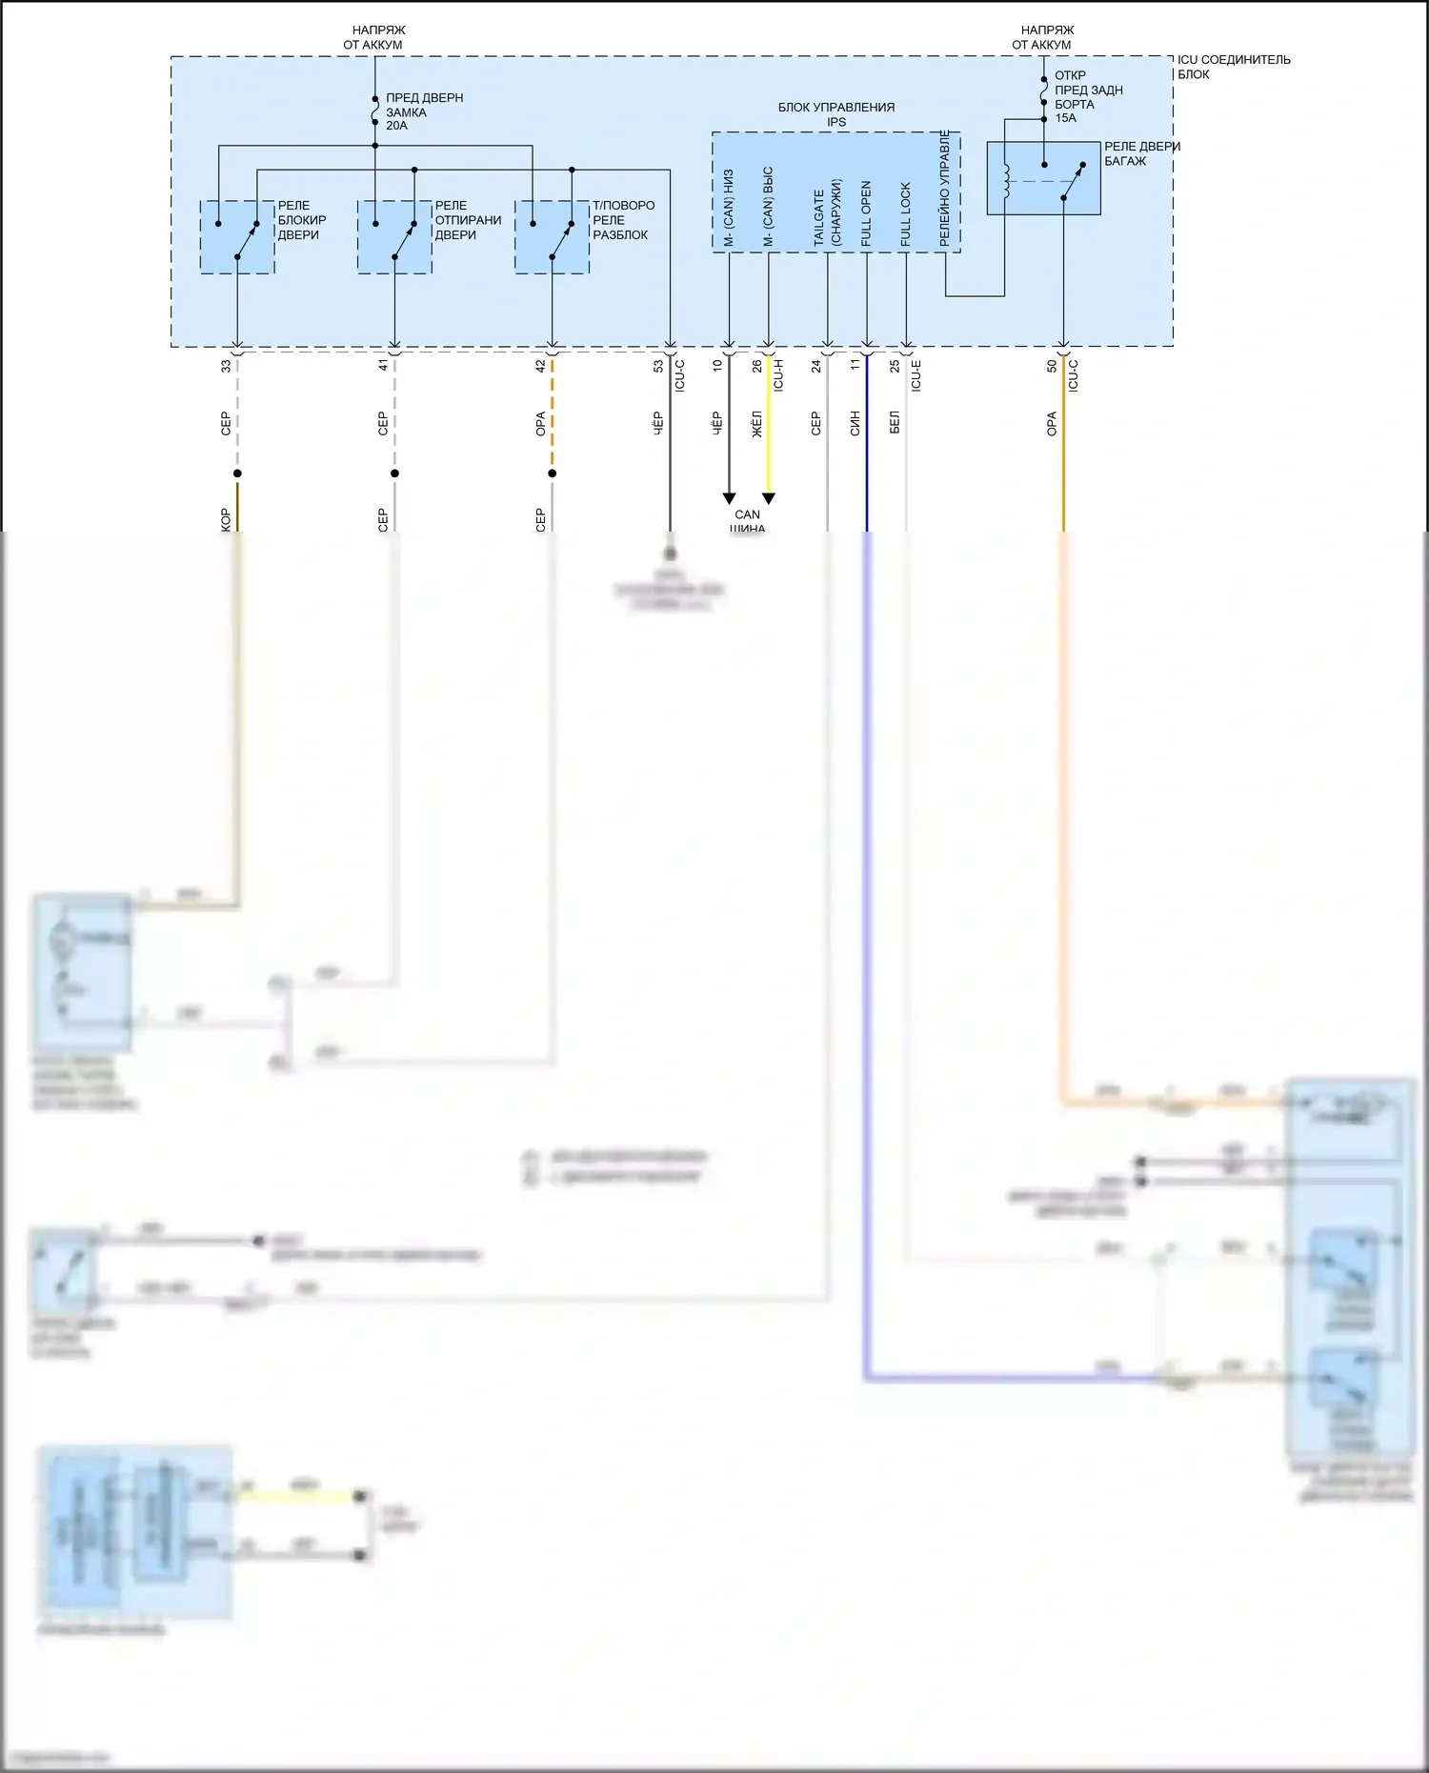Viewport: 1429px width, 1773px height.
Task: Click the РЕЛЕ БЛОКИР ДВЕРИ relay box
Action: pos(237,237)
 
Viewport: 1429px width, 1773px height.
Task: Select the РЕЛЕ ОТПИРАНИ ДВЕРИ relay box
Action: pos(394,237)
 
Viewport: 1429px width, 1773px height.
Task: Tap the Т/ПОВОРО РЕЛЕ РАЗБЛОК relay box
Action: pos(552,237)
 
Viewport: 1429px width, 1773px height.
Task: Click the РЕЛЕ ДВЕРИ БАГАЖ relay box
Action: pos(1043,178)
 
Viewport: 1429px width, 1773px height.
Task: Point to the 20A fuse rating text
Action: pos(396,126)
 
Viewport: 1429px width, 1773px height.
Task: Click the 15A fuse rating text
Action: pos(1065,118)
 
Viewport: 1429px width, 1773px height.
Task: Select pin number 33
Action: pos(226,366)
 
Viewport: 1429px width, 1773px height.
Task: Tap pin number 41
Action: pos(383,366)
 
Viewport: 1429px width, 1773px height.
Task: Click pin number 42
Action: pos(540,366)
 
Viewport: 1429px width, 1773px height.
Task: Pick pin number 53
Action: pos(658,366)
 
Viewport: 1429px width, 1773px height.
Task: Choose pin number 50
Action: pos(1052,366)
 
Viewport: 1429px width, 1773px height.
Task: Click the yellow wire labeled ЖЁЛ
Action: pos(769,429)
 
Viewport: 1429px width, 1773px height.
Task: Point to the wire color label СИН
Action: pos(855,424)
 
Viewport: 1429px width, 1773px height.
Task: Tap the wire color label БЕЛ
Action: pos(895,424)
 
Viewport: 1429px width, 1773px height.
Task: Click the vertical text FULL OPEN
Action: pos(866,213)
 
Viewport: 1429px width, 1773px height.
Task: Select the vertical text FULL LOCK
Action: pos(906,214)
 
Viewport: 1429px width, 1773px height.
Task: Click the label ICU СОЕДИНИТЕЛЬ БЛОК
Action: pos(1233,67)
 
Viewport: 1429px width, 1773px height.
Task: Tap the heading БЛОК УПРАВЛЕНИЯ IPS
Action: pos(835,114)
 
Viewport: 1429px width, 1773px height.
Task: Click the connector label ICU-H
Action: pos(779,375)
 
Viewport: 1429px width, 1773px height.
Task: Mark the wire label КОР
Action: pos(226,519)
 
